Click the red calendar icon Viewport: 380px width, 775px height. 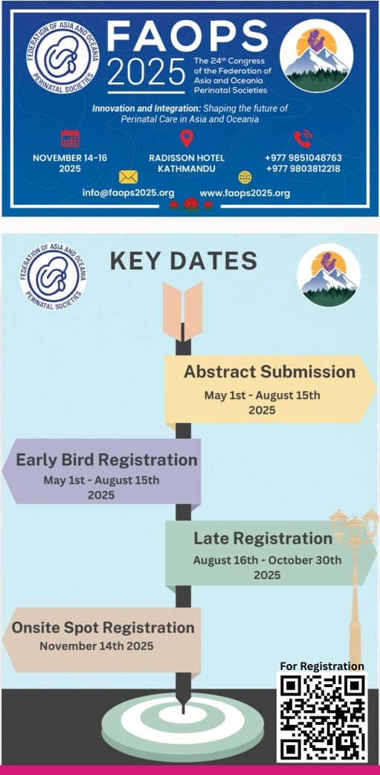click(x=70, y=138)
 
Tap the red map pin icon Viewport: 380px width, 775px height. click(x=187, y=138)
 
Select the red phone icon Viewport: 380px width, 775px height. click(x=303, y=138)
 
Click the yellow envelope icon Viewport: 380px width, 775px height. click(x=129, y=177)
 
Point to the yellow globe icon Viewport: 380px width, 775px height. click(x=245, y=177)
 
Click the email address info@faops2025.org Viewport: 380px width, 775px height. click(x=129, y=194)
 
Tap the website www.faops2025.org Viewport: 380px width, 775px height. click(x=245, y=194)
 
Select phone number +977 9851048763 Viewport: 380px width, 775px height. click(x=303, y=158)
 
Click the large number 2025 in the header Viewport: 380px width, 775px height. click(x=146, y=71)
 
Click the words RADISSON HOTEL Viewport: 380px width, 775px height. click(x=187, y=158)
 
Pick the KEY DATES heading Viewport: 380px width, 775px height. click(x=184, y=261)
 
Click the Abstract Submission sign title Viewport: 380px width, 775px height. click(x=269, y=371)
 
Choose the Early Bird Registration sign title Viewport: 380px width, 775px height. click(x=106, y=459)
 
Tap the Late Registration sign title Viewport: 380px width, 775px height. click(x=263, y=538)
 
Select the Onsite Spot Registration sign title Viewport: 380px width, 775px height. click(x=103, y=628)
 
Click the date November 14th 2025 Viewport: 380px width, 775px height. click(x=97, y=645)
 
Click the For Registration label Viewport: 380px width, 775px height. click(x=322, y=666)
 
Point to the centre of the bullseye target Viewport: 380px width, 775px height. click(x=183, y=715)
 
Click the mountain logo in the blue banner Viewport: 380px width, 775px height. click(x=316, y=56)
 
